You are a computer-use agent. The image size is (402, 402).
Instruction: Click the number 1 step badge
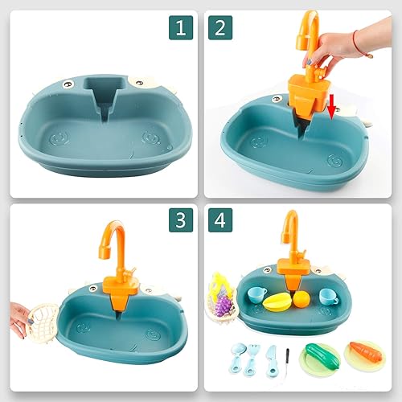coord(182,28)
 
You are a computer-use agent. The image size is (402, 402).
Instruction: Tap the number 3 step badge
coord(182,219)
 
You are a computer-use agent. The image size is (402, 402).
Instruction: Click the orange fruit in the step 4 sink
coord(301,300)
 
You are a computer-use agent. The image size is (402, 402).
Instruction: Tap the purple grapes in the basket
coord(221,306)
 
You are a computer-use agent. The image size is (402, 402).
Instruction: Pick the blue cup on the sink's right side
coord(329,295)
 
